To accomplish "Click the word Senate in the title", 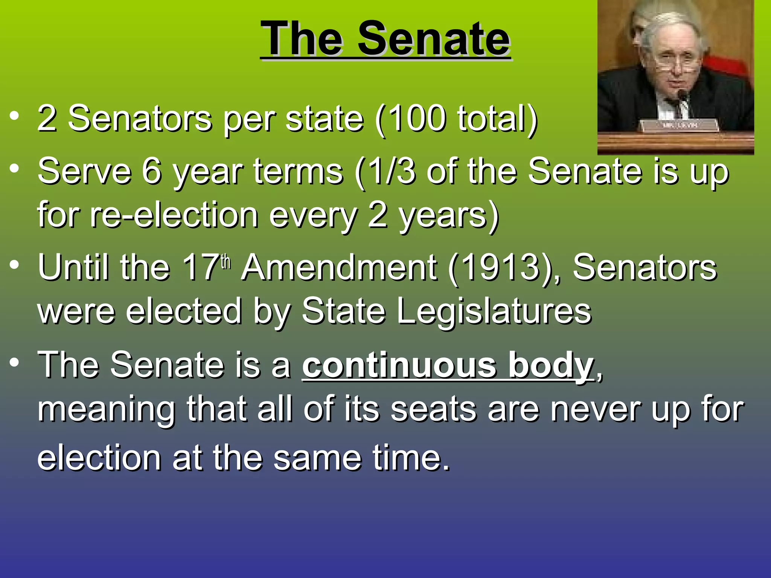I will [434, 39].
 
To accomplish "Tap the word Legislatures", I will [494, 312].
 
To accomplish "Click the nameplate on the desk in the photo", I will [680, 125].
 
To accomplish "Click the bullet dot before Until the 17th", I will [14, 265].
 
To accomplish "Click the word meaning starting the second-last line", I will [107, 410].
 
